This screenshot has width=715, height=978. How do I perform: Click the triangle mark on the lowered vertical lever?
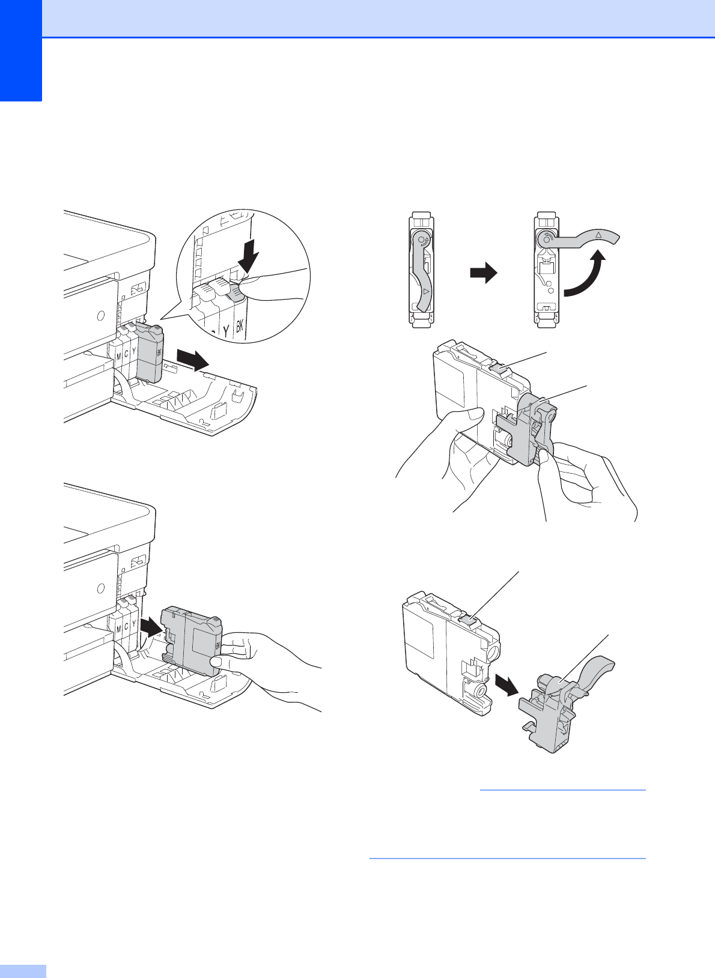click(x=425, y=291)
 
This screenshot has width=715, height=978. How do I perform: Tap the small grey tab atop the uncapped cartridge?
click(x=467, y=616)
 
